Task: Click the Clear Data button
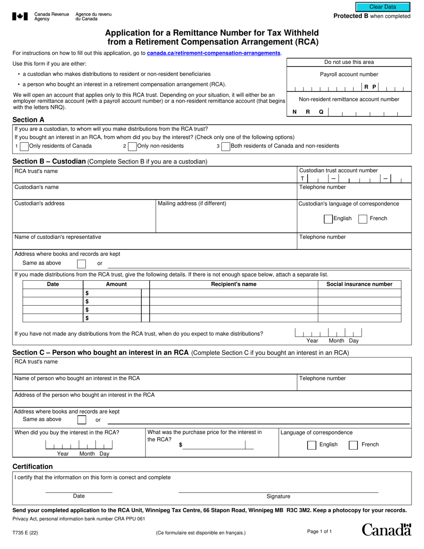coord(382,7)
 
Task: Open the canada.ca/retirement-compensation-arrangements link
coord(214,53)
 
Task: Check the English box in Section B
coord(328,219)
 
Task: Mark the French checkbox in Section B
coord(363,219)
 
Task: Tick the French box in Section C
coord(353,445)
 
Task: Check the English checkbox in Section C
coord(312,445)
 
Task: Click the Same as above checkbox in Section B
coord(81,263)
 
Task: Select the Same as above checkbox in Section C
coord(82,420)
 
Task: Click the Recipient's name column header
coord(233,284)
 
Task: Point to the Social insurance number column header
coord(359,284)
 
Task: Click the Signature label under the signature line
coord(278,496)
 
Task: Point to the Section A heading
coord(29,120)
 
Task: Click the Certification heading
coord(33,466)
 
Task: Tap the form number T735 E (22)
coord(25,532)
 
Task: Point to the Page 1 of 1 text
coord(320,531)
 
